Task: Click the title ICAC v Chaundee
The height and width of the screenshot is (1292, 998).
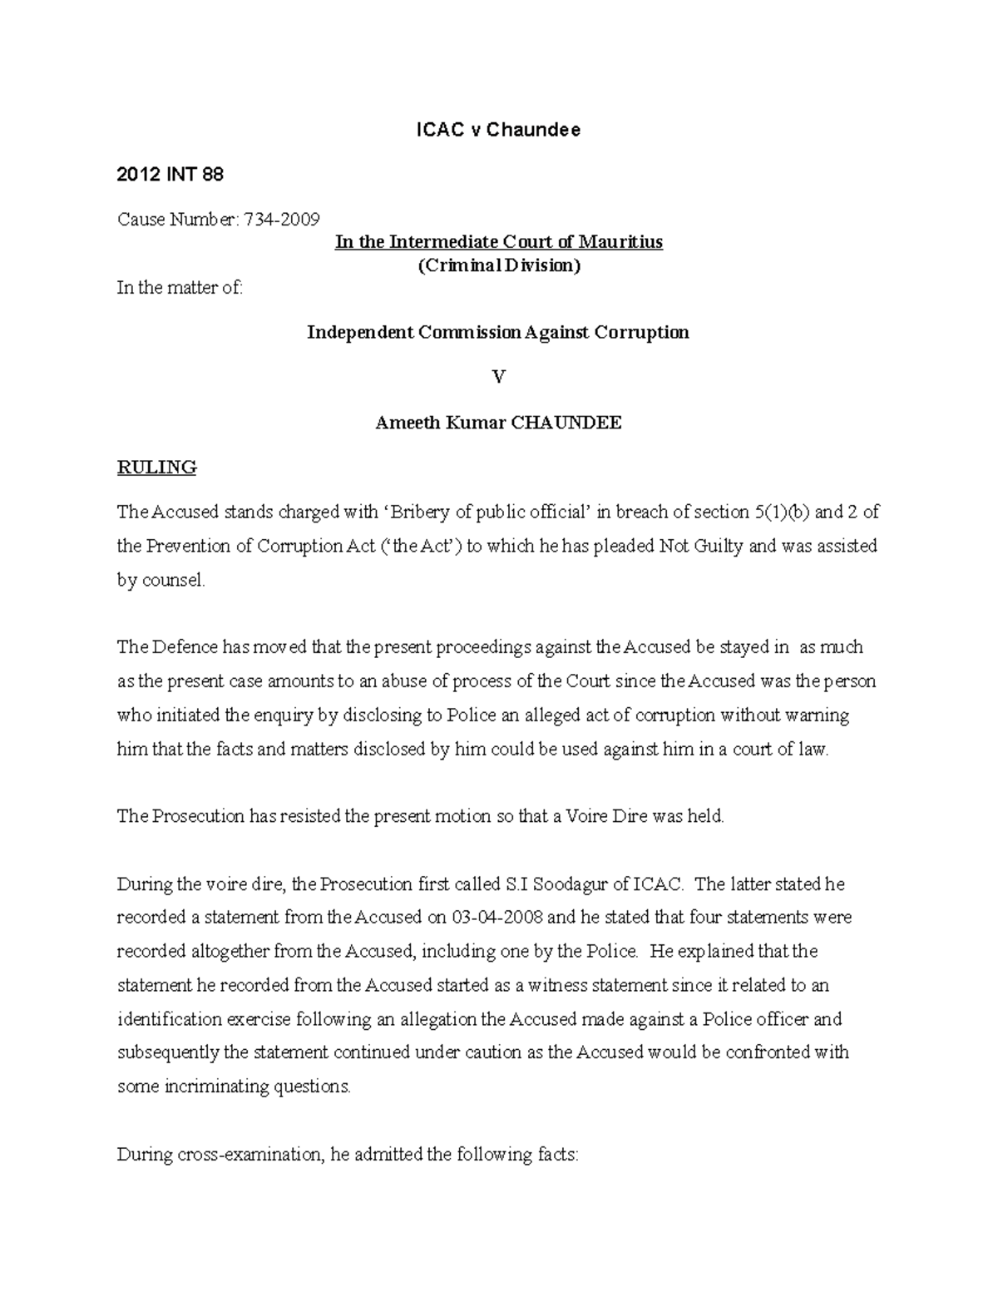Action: (x=498, y=130)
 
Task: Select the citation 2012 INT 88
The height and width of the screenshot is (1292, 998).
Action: (x=170, y=175)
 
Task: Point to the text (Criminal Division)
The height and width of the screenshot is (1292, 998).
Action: (x=498, y=265)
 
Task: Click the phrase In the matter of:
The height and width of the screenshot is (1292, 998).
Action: (x=180, y=289)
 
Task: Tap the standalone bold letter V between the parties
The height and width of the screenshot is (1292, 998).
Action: (x=498, y=378)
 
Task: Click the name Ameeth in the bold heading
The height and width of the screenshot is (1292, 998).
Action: (x=406, y=423)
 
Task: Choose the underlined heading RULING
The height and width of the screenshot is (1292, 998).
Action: (x=156, y=468)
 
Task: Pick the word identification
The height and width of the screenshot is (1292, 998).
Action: (x=169, y=1019)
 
